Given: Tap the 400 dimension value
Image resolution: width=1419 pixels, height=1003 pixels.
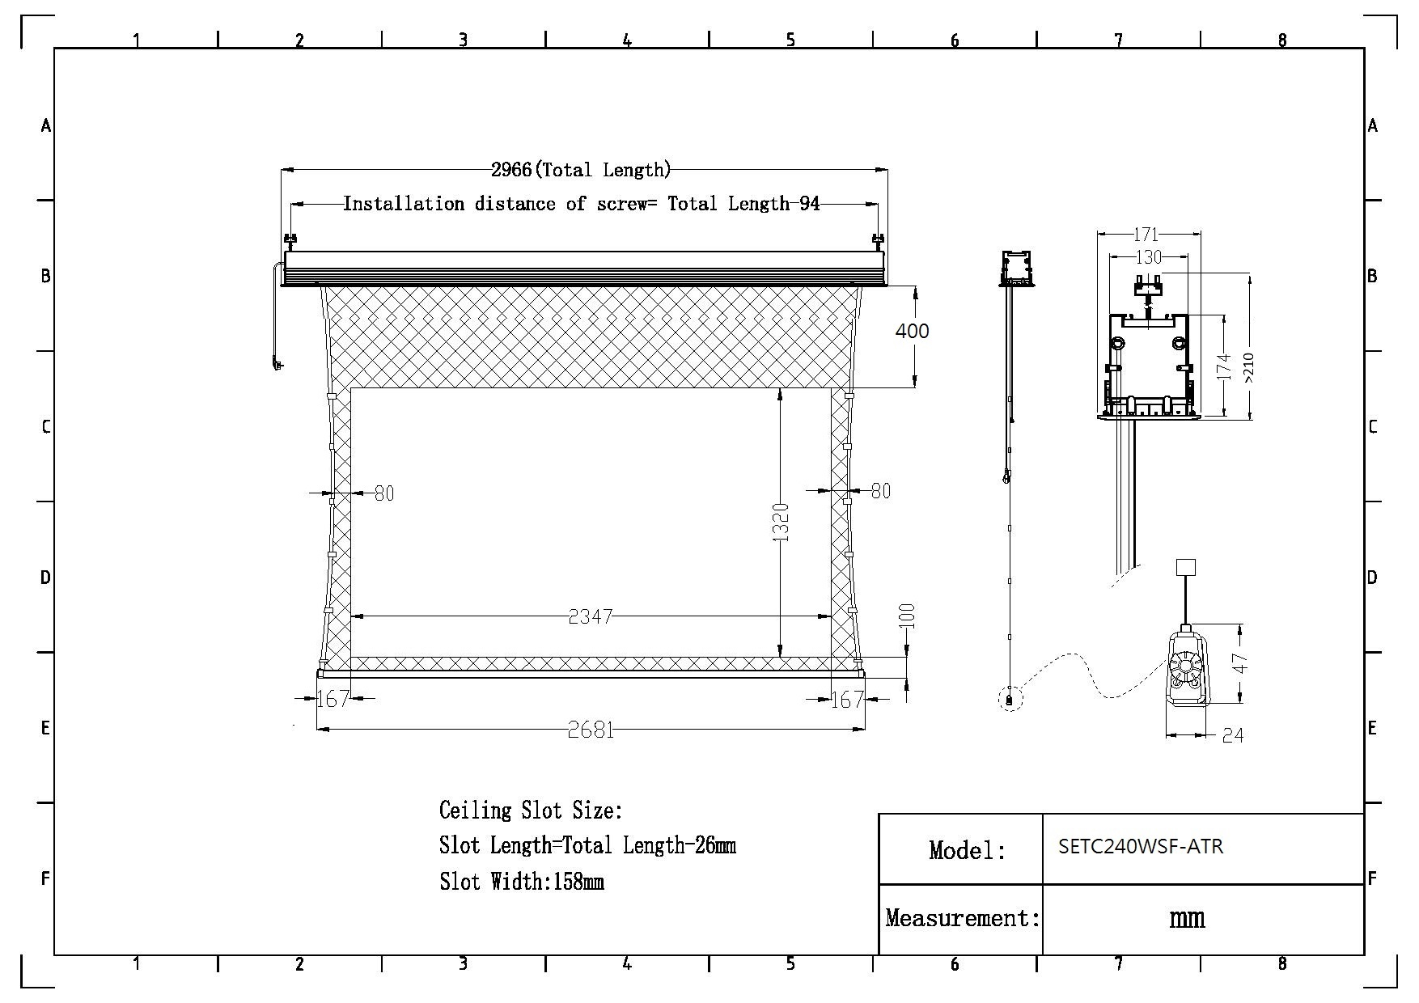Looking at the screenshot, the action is (x=912, y=330).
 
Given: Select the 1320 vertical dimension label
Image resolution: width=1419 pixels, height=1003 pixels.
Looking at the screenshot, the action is (x=781, y=522).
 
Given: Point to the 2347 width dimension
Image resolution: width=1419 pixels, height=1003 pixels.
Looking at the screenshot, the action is (x=591, y=617).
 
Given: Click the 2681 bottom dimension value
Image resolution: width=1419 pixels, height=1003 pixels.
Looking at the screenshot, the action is (x=591, y=730).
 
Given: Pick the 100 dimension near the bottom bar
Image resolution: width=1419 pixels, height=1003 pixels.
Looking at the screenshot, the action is (x=907, y=616).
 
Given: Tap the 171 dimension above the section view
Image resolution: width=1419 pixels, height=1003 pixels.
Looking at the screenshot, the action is (x=1146, y=235).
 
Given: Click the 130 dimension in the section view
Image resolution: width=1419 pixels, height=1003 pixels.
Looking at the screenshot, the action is (x=1149, y=257).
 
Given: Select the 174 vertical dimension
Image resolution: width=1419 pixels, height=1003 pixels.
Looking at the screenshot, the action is (x=1224, y=367).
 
